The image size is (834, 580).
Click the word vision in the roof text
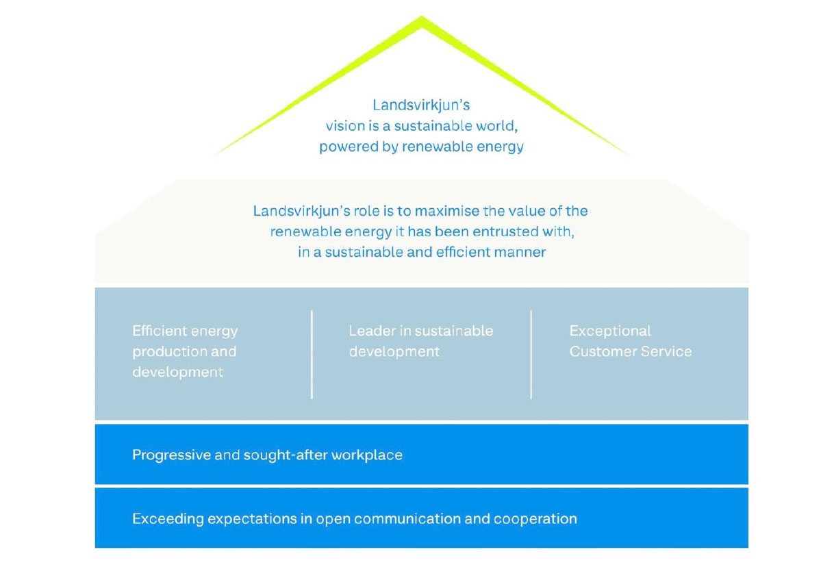point(342,126)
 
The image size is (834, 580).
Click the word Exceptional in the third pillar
point(610,331)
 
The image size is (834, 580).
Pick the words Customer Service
point(631,351)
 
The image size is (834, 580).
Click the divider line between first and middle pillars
point(312,355)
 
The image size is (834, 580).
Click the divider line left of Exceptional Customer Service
point(531,355)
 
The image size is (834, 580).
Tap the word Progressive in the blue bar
point(171,455)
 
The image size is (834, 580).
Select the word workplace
point(367,455)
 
